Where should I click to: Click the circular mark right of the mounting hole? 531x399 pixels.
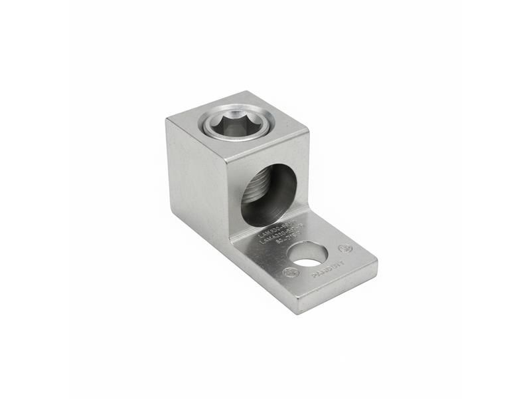[344, 249]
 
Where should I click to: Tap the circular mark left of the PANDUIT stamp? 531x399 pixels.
[290, 273]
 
